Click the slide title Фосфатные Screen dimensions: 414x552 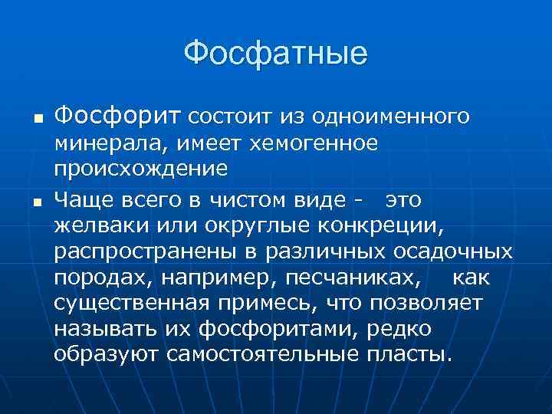point(276,54)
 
